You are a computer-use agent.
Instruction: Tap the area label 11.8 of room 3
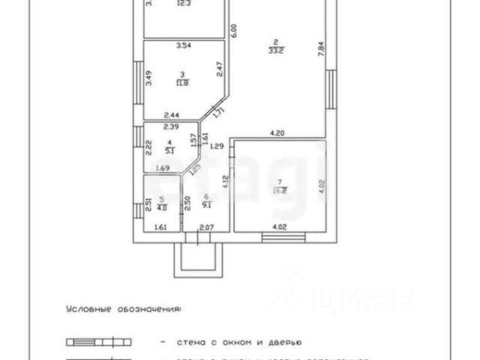(x=182, y=83)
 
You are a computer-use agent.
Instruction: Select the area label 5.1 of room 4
(x=169, y=149)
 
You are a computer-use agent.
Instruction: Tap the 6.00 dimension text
(x=234, y=31)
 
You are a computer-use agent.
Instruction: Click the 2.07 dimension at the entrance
(x=208, y=226)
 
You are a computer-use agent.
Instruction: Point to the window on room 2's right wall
(x=331, y=82)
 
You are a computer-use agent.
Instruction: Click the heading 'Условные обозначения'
(x=124, y=308)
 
